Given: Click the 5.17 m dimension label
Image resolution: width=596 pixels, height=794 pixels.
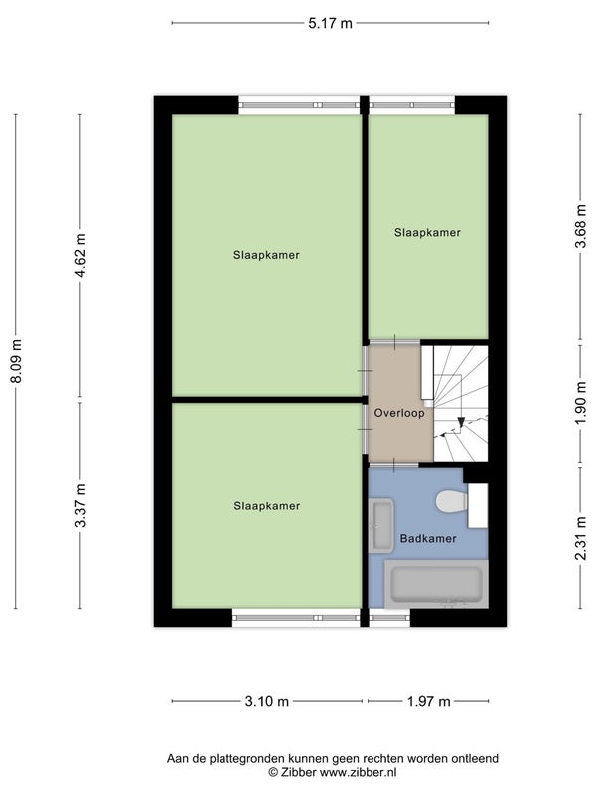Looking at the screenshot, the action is click(330, 23).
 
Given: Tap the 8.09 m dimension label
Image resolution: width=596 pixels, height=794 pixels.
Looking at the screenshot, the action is click(17, 361).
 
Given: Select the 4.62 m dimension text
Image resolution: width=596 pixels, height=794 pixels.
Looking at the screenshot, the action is click(81, 255).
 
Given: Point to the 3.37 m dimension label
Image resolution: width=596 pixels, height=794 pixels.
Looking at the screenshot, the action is click(81, 505).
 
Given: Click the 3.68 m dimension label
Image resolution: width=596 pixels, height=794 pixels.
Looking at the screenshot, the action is click(581, 226).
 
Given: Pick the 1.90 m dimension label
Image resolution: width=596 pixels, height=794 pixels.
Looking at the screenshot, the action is click(581, 403).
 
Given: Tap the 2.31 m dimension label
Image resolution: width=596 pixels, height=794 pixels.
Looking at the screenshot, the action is click(581, 537).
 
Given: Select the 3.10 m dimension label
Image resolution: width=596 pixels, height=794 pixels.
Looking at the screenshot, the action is click(266, 702).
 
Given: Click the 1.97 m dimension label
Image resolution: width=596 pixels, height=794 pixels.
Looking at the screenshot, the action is click(429, 702).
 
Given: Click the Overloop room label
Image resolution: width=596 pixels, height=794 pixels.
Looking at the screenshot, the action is click(399, 413).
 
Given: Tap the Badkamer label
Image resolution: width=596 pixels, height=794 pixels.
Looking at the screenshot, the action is click(428, 539).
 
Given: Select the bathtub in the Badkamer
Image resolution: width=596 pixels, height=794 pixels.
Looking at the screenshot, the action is click(436, 585).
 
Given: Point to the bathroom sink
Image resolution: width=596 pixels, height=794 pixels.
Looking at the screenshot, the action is click(381, 526).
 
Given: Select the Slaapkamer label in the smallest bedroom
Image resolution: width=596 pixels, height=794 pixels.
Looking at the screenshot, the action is click(427, 233).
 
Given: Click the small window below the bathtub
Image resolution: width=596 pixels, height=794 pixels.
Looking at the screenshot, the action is click(389, 618).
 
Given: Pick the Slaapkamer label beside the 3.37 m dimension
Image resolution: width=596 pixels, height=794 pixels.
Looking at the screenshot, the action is click(266, 506).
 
